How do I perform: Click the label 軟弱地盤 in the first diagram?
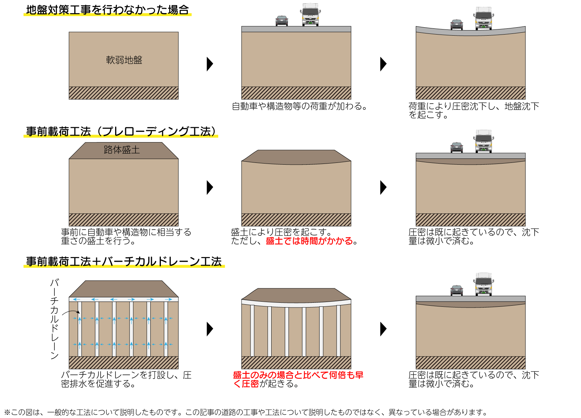tap(124, 60)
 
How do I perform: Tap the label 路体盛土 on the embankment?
tap(122, 150)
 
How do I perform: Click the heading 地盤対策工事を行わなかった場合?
tap(107, 10)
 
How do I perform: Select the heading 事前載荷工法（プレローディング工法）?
tap(121, 132)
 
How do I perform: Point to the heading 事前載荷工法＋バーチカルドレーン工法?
tap(124, 262)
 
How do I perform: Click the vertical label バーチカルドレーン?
tap(54, 319)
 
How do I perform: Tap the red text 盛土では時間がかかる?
tap(309, 241)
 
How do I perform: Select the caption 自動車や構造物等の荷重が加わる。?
tap(300, 106)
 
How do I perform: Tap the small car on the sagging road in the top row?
tap(456, 24)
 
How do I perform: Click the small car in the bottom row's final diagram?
tap(456, 290)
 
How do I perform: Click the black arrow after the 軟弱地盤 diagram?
tap(210, 64)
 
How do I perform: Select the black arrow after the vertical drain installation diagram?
tap(210, 329)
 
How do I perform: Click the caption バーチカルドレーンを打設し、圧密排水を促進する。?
tap(126, 379)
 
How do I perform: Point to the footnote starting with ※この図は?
tap(245, 412)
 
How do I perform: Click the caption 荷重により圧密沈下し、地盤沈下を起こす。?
tap(474, 110)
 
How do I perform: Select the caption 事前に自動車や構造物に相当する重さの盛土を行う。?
tap(126, 237)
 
